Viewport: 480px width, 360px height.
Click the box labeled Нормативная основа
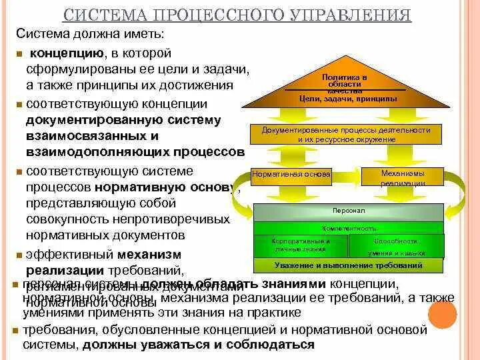click(291, 176)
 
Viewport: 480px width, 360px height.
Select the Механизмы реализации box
click(402, 177)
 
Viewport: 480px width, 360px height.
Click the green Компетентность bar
click(347, 228)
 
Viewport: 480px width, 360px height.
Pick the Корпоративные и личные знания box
click(301, 245)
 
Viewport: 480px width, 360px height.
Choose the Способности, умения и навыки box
click(395, 245)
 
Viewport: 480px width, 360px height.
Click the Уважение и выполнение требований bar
click(347, 265)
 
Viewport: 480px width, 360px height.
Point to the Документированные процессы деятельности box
click(346, 134)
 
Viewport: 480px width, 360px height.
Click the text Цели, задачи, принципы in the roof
click(348, 99)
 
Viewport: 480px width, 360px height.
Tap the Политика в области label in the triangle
click(345, 81)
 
